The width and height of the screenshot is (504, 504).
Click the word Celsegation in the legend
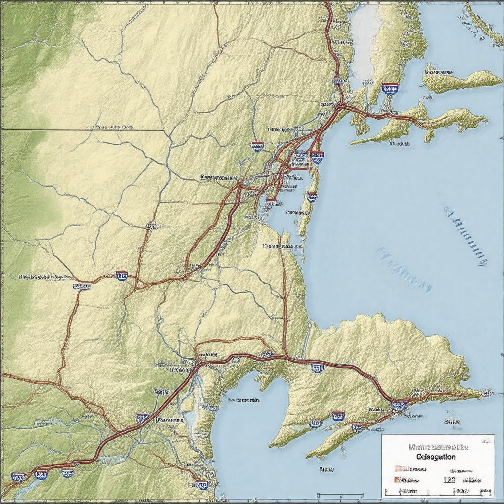pyautogui.click(x=436, y=457)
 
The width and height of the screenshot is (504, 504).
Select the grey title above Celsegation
pyautogui.click(x=438, y=447)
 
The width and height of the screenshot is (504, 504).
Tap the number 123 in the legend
pyautogui.click(x=449, y=480)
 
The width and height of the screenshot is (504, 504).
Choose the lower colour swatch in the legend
pyautogui.click(x=396, y=480)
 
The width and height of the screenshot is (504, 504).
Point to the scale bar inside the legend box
pyautogui.click(x=438, y=491)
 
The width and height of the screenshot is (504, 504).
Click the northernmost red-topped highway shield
pyautogui.click(x=390, y=89)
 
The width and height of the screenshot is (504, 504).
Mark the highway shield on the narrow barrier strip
pyautogui.click(x=312, y=197)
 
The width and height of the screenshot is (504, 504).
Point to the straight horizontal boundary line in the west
pyautogui.click(x=84, y=130)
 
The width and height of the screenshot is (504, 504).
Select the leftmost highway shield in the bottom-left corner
pyautogui.click(x=18, y=476)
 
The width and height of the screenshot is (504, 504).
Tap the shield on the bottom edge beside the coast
pyautogui.click(x=202, y=485)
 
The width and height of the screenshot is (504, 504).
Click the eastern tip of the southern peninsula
pyautogui.click(x=487, y=392)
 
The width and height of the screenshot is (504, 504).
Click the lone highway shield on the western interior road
pyautogui.click(x=122, y=276)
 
